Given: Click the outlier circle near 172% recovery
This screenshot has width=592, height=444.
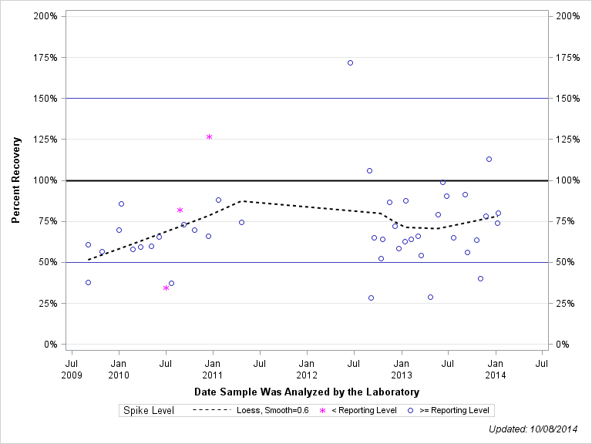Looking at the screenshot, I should (x=350, y=62).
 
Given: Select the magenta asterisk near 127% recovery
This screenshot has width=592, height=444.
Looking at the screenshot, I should (x=209, y=136).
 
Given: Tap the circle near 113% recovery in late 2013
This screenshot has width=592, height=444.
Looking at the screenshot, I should (x=489, y=159).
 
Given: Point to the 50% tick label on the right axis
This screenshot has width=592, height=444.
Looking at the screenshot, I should (x=567, y=262).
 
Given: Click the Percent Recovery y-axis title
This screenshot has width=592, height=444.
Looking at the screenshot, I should (x=16, y=180).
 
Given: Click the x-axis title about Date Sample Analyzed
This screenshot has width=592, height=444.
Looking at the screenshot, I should (x=307, y=392).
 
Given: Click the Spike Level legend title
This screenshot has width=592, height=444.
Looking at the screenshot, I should (x=149, y=410).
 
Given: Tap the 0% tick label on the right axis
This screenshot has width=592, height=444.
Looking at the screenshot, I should (x=563, y=345).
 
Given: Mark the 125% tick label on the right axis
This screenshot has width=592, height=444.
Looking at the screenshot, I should (x=567, y=140).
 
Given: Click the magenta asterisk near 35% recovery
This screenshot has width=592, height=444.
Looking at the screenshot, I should (x=166, y=288).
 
